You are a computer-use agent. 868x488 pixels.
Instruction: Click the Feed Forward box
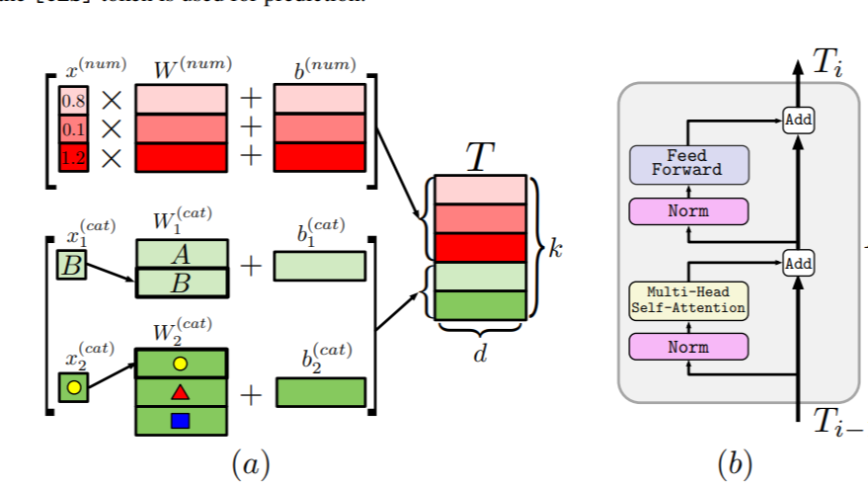(688, 164)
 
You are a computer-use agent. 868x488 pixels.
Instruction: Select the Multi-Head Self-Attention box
(688, 300)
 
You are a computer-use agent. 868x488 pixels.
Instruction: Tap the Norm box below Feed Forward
(688, 210)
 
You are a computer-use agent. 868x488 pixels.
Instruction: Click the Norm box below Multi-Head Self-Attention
(688, 347)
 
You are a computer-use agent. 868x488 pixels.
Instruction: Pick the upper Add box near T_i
(798, 121)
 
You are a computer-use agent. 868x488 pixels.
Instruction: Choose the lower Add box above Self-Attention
(798, 262)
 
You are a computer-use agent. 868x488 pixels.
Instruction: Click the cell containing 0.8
(73, 101)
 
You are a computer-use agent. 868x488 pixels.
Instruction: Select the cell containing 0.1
(73, 129)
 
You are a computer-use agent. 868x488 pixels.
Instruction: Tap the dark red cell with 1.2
(73, 158)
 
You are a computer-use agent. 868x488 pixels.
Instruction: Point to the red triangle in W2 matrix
(180, 392)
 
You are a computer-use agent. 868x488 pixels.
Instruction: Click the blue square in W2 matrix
(180, 421)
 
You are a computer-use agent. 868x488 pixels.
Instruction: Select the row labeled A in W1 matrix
(181, 255)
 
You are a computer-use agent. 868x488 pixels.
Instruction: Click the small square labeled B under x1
(71, 265)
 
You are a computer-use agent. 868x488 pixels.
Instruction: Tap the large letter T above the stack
(479, 156)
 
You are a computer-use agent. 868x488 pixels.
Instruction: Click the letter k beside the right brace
(555, 248)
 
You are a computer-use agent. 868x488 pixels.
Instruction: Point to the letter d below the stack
(480, 353)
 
